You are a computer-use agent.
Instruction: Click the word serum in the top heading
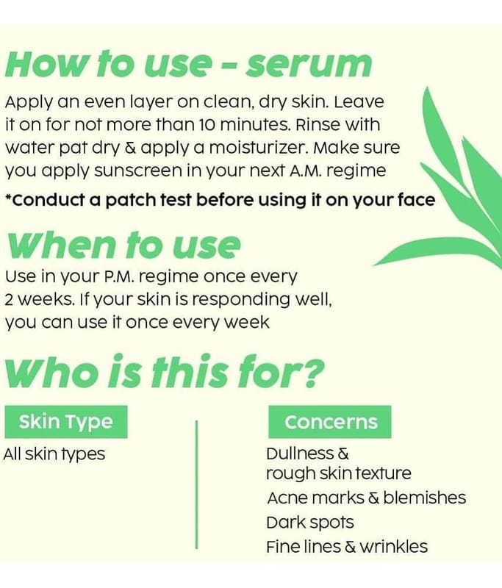pyautogui.click(x=309, y=65)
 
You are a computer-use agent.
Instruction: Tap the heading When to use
pyautogui.click(x=123, y=245)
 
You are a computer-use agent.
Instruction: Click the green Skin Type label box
pyautogui.click(x=66, y=422)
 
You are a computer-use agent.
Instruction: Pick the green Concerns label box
pyautogui.click(x=330, y=422)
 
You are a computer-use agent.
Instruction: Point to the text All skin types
pyautogui.click(x=54, y=454)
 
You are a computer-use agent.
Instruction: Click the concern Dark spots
pyautogui.click(x=310, y=523)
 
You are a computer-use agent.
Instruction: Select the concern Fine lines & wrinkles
pyautogui.click(x=347, y=546)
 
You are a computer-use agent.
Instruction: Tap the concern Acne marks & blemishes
pyautogui.click(x=367, y=498)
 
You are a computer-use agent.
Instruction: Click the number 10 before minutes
pyautogui.click(x=207, y=125)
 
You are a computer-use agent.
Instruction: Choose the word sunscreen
pyautogui.click(x=138, y=171)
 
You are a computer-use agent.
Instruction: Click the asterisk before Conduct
pyautogui.click(x=8, y=196)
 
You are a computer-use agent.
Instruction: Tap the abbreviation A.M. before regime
pyautogui.click(x=305, y=171)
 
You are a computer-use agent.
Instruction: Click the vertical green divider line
pyautogui.click(x=196, y=484)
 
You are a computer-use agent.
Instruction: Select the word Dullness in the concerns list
pyautogui.click(x=300, y=453)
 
